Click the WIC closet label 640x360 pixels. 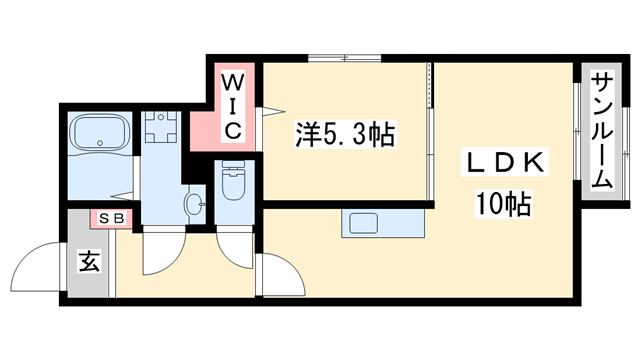click(231, 104)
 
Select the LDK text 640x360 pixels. click(503, 163)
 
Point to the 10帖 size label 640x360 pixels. click(503, 206)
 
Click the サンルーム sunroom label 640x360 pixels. click(601, 129)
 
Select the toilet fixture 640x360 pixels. click(233, 182)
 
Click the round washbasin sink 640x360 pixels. click(193, 204)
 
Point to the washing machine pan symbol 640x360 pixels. click(159, 129)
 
